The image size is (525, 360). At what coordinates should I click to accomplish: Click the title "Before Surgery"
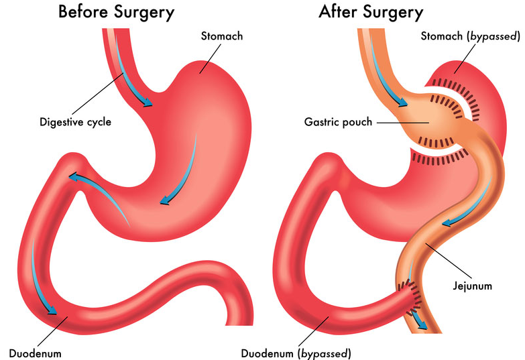point(116,12)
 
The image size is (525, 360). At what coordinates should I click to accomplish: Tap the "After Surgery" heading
point(371,12)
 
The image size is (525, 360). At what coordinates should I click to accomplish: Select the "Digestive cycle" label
point(75,122)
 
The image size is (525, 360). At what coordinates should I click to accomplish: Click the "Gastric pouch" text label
point(338,122)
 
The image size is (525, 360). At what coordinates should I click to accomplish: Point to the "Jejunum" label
point(473,286)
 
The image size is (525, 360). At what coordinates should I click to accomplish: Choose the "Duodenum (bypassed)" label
point(296,353)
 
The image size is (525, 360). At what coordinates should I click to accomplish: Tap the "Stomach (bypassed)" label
point(471,36)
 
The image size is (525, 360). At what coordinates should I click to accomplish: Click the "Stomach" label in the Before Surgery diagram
point(222,36)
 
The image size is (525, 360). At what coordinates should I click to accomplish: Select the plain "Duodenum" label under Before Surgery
point(35,353)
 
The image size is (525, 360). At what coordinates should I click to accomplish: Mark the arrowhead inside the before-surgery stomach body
point(165,200)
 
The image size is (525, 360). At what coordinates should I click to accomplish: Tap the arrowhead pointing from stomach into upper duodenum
point(74,176)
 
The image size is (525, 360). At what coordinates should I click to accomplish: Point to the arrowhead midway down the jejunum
point(448,223)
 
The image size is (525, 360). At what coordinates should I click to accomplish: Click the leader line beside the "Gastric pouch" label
point(403,123)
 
